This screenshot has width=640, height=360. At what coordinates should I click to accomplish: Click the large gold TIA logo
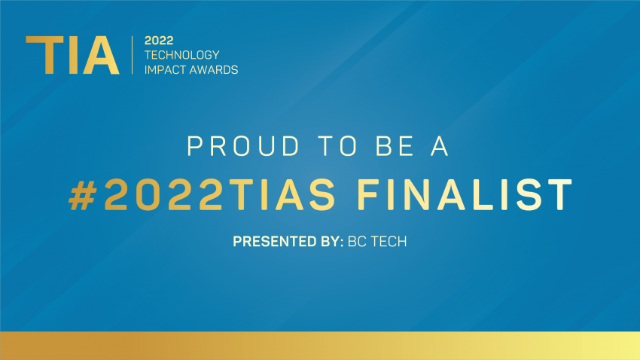[x=72, y=55]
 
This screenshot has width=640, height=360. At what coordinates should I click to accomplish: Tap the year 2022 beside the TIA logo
[x=159, y=41]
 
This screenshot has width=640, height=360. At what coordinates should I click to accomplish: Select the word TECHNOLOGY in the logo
[x=182, y=55]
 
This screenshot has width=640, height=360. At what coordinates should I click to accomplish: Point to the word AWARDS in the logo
[x=215, y=70]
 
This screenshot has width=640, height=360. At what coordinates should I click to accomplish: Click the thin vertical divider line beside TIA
[x=133, y=55]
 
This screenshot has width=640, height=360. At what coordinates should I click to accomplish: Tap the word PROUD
[x=243, y=146]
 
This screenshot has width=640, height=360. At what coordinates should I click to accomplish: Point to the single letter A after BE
[x=440, y=146]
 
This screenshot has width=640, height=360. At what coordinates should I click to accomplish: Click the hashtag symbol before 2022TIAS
[x=83, y=195]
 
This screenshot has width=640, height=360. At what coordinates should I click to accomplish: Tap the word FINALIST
[x=465, y=195]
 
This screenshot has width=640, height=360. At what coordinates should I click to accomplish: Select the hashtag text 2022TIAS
[x=220, y=195]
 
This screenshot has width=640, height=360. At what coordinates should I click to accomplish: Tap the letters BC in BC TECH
[x=356, y=242]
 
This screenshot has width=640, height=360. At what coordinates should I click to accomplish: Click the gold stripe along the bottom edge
[x=320, y=346]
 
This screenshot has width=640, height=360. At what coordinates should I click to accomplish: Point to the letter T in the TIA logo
[x=44, y=55]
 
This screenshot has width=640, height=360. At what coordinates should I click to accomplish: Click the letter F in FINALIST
[x=367, y=195]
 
